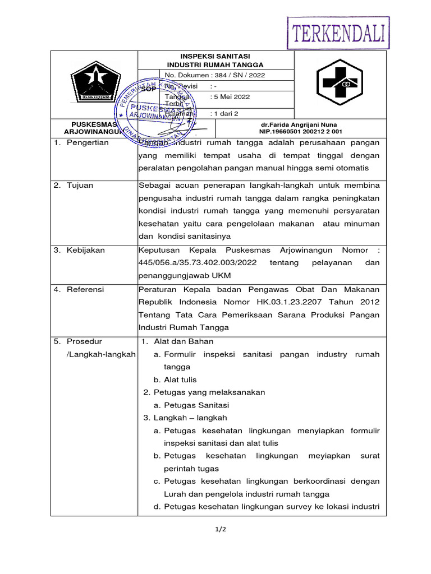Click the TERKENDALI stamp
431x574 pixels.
click(338, 33)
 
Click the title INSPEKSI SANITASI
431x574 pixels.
click(215, 56)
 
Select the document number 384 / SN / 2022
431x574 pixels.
click(237, 75)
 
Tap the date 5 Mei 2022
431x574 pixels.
click(230, 96)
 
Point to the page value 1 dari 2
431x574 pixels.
click(224, 113)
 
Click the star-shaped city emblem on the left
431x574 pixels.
click(94, 82)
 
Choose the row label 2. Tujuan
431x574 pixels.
click(73, 185)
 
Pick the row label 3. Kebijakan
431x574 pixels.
click(79, 250)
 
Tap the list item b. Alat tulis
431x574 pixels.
click(175, 379)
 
